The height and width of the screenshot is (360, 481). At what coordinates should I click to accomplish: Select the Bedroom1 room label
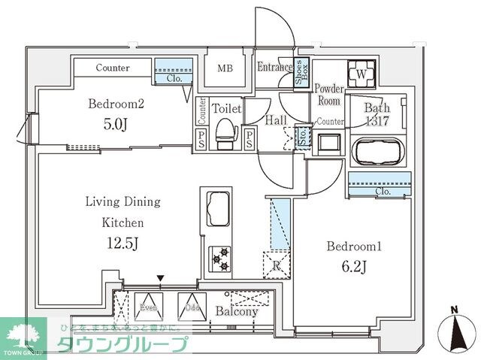point(352,246)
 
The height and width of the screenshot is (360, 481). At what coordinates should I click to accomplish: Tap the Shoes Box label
point(300,74)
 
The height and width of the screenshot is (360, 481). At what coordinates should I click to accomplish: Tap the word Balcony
point(237,311)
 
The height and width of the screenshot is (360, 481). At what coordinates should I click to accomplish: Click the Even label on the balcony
point(147,307)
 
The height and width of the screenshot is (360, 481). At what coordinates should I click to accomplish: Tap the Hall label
point(277,119)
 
